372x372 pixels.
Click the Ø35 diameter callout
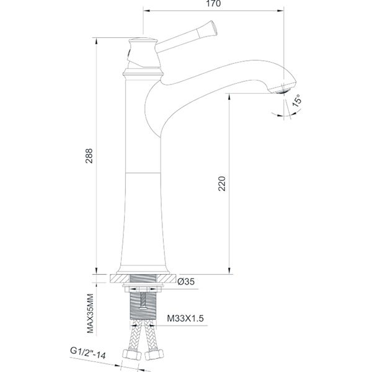[x=187, y=282]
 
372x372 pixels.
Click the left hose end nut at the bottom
[x=131, y=356]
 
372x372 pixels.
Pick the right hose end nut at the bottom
[x=154, y=356]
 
